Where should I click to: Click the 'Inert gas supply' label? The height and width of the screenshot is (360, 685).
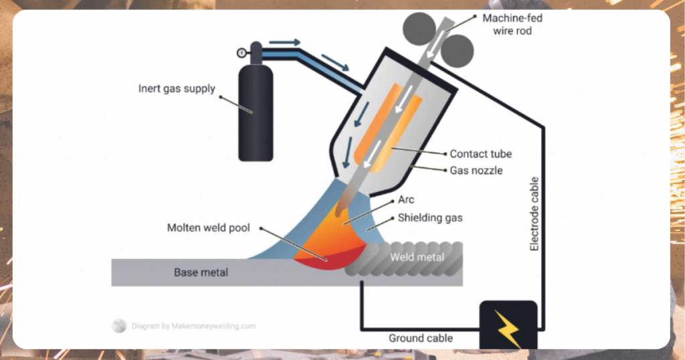click(177, 88)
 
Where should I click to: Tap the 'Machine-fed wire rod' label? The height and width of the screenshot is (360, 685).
click(512, 24)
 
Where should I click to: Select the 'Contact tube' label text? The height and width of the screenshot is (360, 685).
click(480, 154)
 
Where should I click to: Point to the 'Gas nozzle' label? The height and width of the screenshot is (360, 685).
click(476, 171)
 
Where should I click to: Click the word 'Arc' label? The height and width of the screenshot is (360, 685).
click(406, 199)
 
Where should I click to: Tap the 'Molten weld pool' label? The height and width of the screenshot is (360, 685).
click(208, 228)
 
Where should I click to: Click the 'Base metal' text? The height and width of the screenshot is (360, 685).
click(201, 272)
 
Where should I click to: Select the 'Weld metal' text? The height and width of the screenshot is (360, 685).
click(417, 257)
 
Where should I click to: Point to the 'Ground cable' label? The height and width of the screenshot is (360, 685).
click(421, 338)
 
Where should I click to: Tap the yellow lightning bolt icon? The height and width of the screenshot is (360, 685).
click(508, 326)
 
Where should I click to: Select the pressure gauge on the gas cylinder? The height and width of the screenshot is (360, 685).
click(241, 52)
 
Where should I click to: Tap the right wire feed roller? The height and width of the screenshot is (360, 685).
click(458, 49)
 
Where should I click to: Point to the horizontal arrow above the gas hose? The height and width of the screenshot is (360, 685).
click(284, 42)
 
